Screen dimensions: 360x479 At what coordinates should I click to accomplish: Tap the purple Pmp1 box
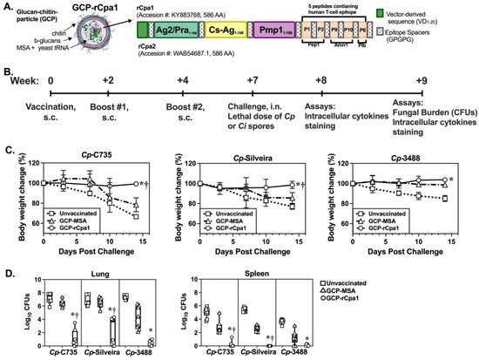point(278,53)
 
